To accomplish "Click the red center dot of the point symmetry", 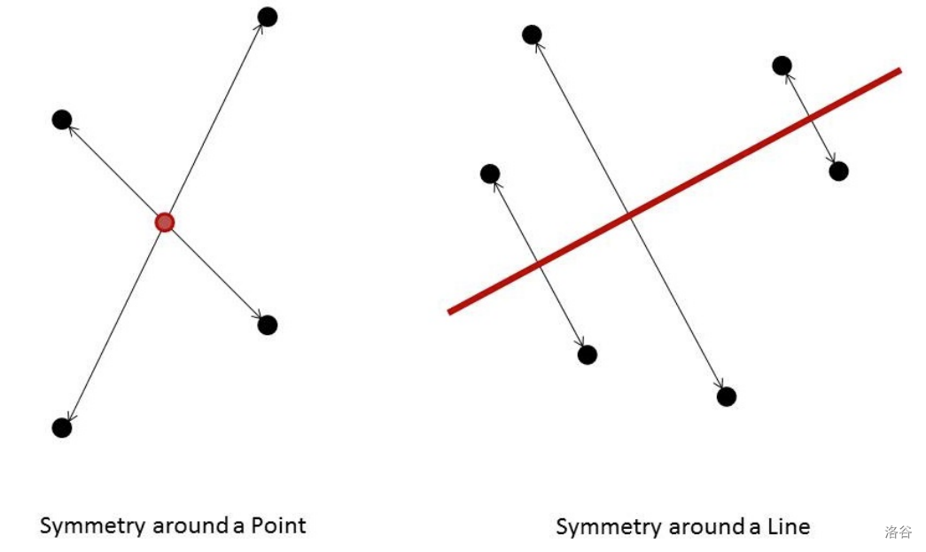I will [x=164, y=222].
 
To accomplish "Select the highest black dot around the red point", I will [x=267, y=17].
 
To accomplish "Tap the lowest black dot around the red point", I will [x=62, y=427].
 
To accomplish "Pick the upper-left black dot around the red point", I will [x=62, y=120].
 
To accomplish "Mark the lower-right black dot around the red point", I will [x=267, y=325].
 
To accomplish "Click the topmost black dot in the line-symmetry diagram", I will [x=532, y=35].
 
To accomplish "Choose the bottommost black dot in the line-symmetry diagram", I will [x=727, y=397].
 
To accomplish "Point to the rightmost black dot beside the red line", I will [x=838, y=171].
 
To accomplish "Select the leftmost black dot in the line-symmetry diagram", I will [x=490, y=174].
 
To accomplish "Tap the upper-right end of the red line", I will [x=899, y=71].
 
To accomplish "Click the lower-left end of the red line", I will [x=451, y=311].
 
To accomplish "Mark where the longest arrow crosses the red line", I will [x=629, y=215].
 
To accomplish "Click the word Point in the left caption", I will [x=278, y=525].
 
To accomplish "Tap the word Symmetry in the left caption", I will [x=92, y=526].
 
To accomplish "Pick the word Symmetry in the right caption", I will [x=608, y=528].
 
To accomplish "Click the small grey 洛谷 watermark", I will [x=897, y=532].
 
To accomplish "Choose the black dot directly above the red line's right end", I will [x=782, y=66].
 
